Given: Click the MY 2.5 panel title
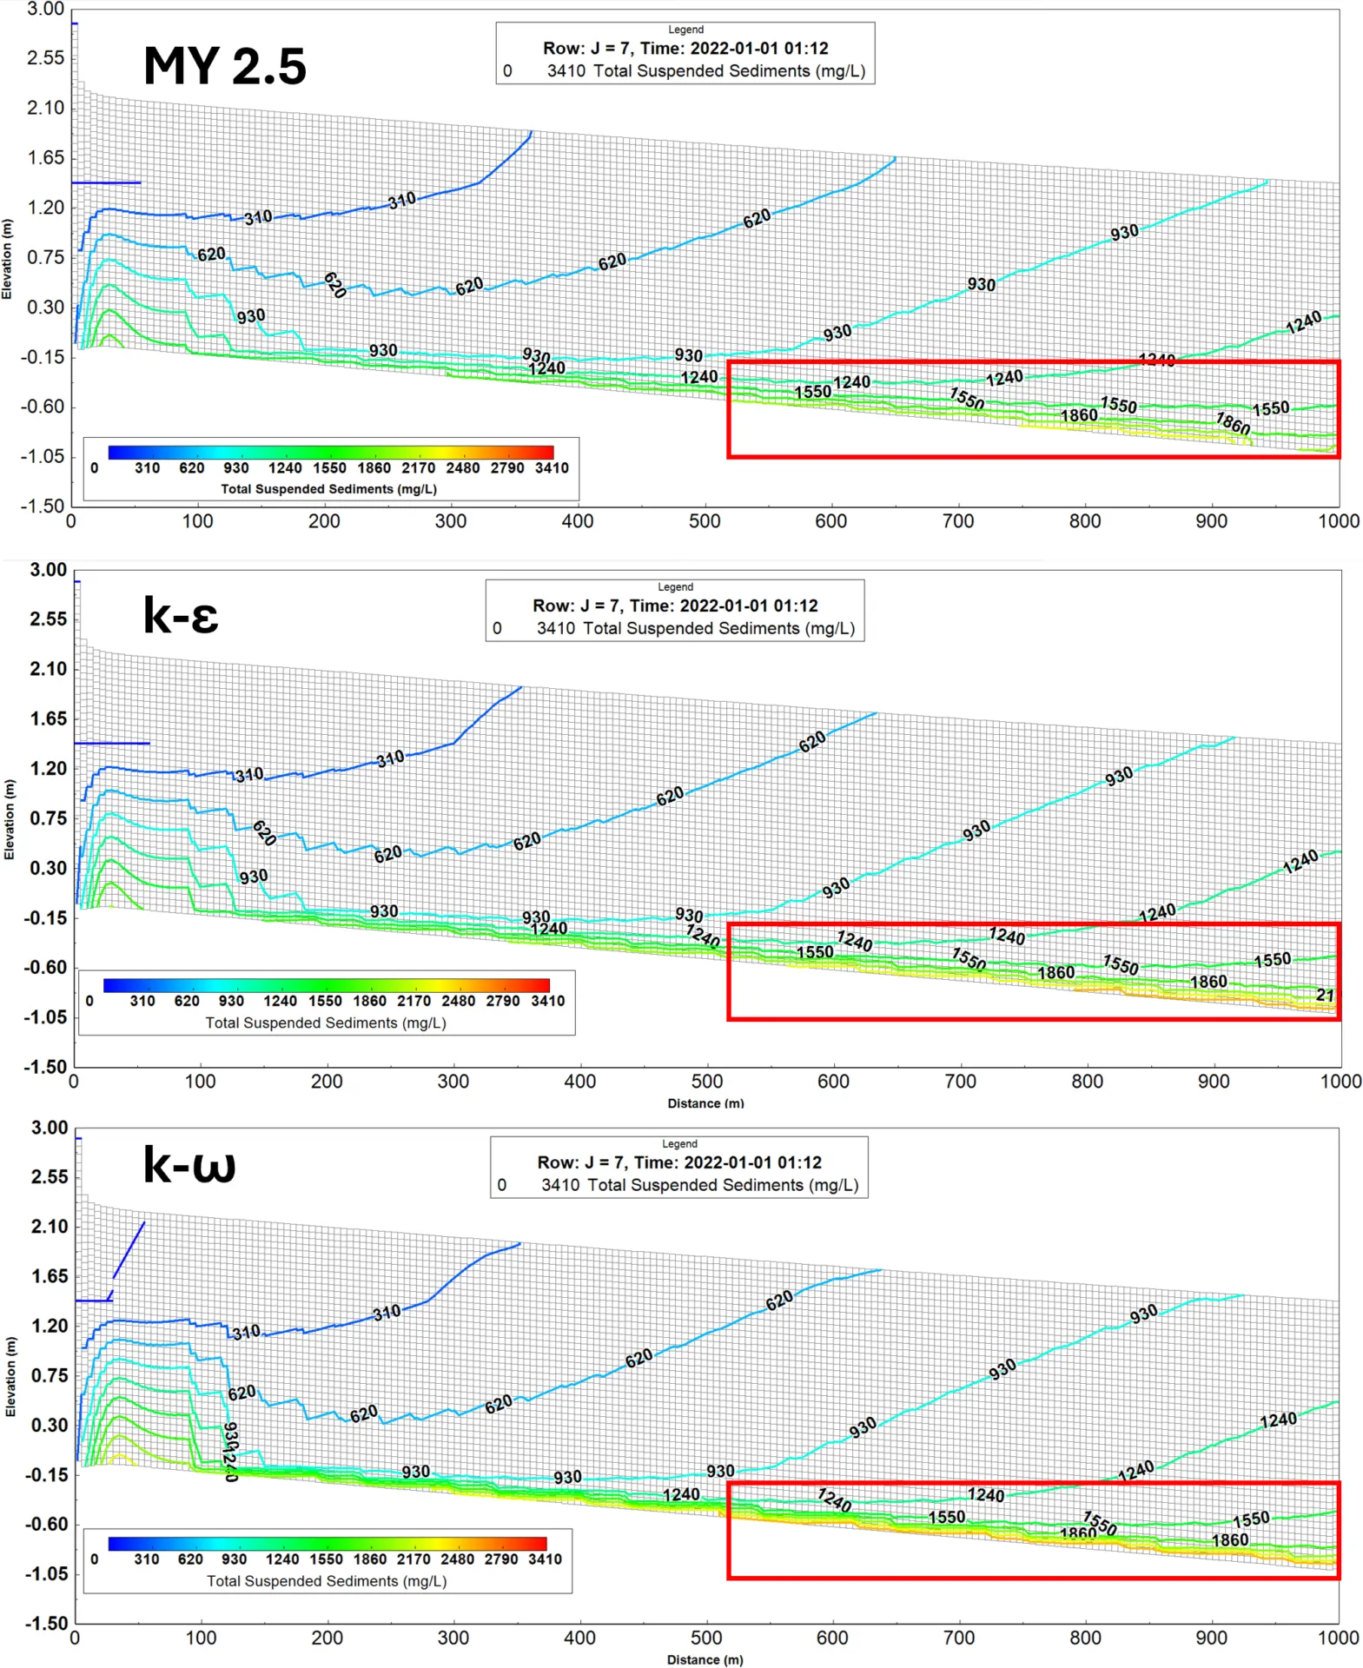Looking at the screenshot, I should click(x=224, y=67).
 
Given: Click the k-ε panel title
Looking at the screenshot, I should click(x=180, y=616).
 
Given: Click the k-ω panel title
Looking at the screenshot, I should click(x=189, y=1164).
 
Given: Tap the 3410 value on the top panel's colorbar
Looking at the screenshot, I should click(x=552, y=468).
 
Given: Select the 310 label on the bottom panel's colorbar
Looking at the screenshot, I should click(x=146, y=1559).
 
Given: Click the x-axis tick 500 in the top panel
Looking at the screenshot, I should click(x=704, y=521).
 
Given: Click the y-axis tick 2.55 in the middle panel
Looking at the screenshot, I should click(x=48, y=619).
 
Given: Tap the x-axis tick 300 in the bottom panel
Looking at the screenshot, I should click(x=453, y=1638).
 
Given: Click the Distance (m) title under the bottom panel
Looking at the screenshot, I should click(x=705, y=1659).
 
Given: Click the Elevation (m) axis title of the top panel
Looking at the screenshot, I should click(x=7, y=259).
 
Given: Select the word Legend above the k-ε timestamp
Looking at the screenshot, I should click(x=675, y=587).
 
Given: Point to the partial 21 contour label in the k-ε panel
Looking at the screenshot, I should click(x=1324, y=995).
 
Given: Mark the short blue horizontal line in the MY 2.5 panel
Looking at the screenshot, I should click(x=106, y=182).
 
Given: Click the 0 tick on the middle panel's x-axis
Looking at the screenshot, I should click(x=74, y=1082).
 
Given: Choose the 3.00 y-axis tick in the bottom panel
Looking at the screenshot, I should click(x=50, y=1128).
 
